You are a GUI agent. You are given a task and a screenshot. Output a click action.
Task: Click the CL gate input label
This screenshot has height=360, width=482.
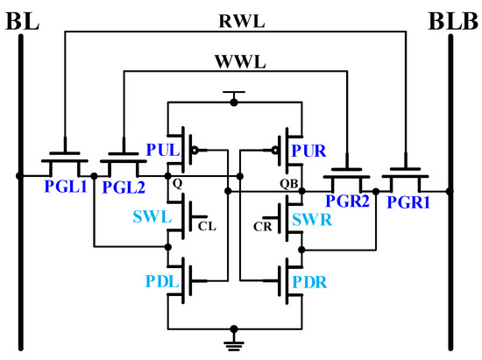pos(206,224)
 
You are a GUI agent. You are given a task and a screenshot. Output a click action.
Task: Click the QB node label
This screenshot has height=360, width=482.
pos(287,186)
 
